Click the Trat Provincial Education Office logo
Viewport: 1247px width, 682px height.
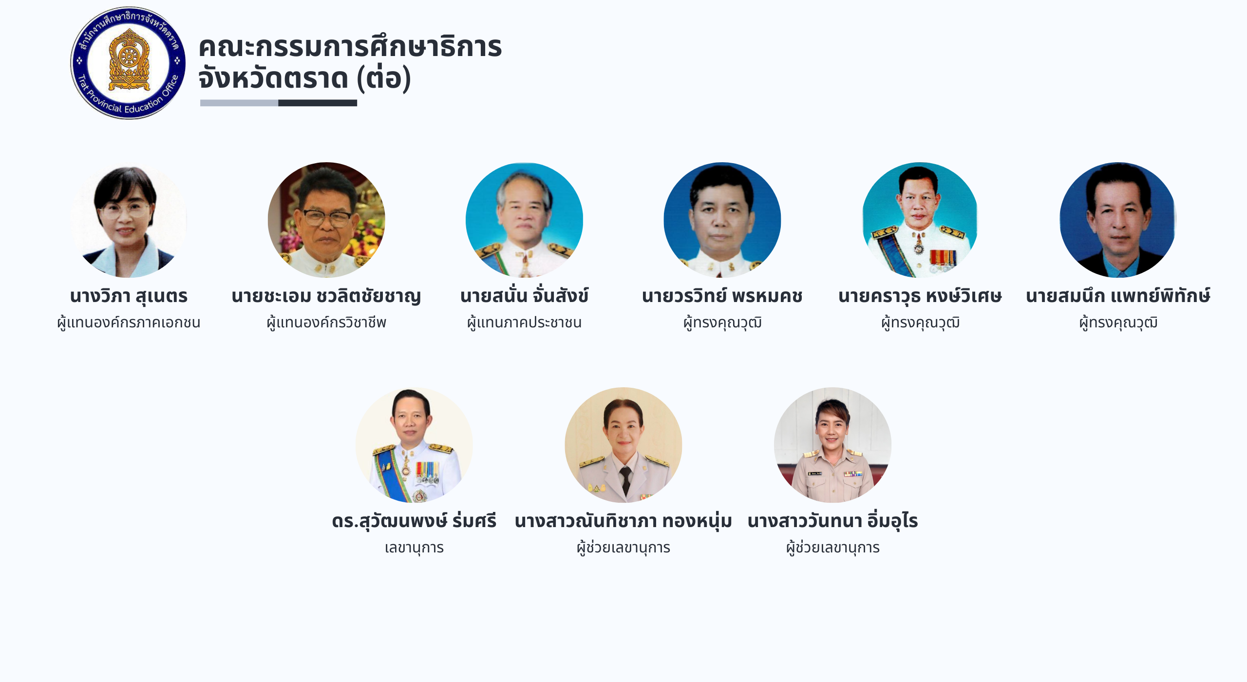click(128, 63)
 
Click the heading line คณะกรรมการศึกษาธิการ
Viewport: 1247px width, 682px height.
click(350, 47)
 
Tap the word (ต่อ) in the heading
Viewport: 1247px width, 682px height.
click(384, 78)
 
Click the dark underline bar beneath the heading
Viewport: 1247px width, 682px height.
click(318, 103)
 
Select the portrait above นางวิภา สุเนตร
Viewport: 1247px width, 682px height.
click(129, 220)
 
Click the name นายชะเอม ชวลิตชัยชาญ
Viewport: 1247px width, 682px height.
click(326, 296)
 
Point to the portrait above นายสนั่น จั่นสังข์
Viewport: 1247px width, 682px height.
click(524, 220)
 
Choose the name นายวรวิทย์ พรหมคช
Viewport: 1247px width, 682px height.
click(722, 296)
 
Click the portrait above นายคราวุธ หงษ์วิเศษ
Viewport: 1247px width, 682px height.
click(920, 220)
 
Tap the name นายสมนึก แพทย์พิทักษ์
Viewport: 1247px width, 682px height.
click(1118, 296)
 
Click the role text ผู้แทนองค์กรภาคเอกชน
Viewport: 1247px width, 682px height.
click(129, 322)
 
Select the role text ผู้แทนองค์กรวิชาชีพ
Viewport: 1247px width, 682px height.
click(326, 322)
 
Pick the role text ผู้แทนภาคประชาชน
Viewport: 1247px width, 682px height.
click(524, 322)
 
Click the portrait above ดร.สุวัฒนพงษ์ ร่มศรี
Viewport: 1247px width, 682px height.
click(414, 445)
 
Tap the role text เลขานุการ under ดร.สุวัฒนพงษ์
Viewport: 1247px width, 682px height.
click(414, 548)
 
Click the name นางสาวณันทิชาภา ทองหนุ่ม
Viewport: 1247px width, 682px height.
click(623, 521)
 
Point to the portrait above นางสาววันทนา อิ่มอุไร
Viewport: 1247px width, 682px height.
click(832, 445)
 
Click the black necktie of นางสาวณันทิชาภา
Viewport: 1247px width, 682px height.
click(625, 480)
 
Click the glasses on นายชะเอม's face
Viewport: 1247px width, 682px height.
click(326, 218)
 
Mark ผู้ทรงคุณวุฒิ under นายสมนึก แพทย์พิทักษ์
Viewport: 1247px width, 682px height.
click(1118, 322)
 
